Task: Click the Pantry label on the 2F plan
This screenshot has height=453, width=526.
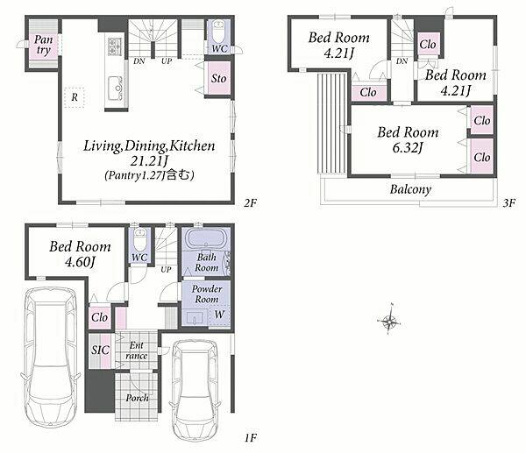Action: (x=43, y=46)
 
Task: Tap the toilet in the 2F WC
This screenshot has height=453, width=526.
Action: (x=218, y=31)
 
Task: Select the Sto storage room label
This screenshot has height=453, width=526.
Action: (x=218, y=79)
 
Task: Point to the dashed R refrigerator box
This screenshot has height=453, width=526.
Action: (x=75, y=97)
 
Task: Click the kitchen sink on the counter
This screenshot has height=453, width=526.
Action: (x=115, y=88)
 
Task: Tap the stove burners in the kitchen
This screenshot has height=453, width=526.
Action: (x=114, y=46)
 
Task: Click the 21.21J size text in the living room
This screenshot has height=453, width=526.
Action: (x=149, y=161)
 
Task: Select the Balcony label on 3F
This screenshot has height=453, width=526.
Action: (x=410, y=189)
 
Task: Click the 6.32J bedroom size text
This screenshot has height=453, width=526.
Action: (x=408, y=147)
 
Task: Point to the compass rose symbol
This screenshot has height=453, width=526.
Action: (x=388, y=320)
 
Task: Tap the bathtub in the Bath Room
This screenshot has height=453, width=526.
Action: (x=205, y=239)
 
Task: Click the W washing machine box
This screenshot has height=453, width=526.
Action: (x=219, y=315)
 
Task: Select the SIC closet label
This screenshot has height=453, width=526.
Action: (x=100, y=350)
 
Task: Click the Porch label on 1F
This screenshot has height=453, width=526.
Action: (x=137, y=398)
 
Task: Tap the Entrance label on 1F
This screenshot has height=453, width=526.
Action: (x=137, y=350)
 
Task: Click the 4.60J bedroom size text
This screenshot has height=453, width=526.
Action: (x=80, y=262)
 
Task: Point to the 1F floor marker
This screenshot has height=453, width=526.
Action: (x=250, y=438)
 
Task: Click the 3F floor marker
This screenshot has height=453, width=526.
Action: (x=508, y=203)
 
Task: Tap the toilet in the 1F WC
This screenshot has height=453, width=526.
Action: (x=139, y=240)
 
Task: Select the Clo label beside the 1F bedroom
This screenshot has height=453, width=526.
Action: (x=99, y=317)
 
